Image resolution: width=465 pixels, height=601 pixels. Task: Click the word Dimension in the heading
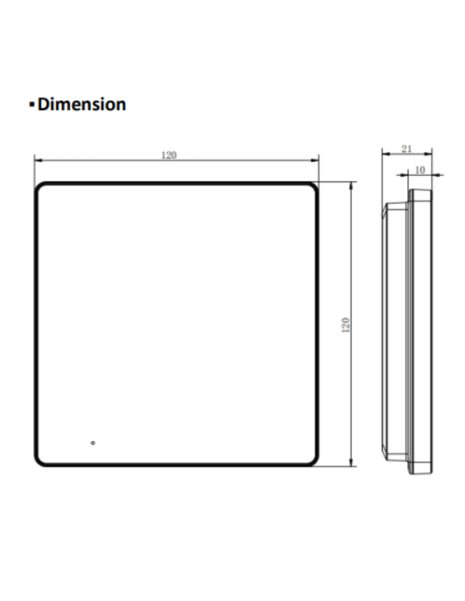point(82,104)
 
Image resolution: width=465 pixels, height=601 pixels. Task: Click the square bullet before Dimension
point(32,104)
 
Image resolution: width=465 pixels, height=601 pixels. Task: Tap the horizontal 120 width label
point(169,155)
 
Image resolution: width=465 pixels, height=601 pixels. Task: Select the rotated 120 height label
point(346,325)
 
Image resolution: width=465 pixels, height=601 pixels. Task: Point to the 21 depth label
point(407,149)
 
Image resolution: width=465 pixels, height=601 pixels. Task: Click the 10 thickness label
point(420,170)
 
